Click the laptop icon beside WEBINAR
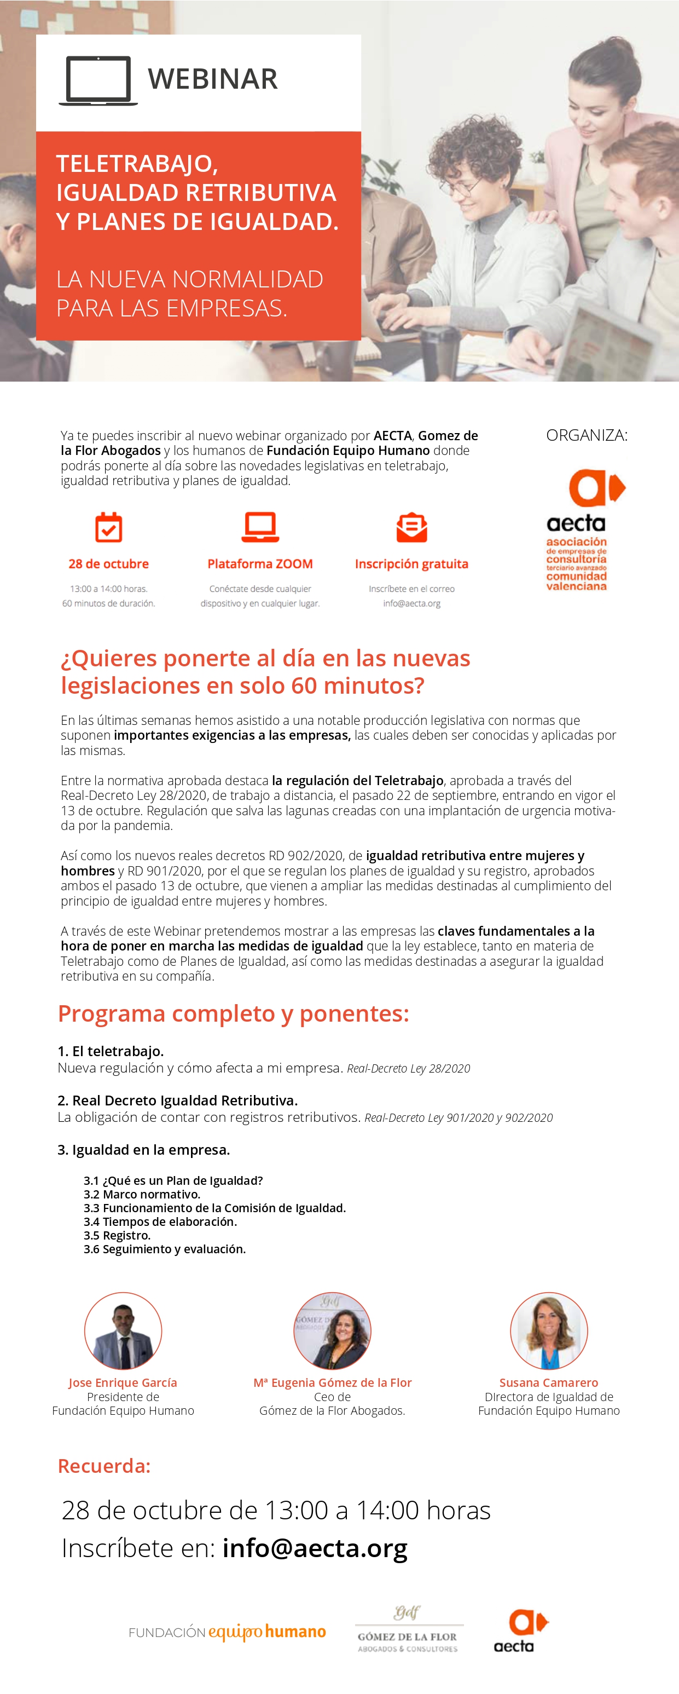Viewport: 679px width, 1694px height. [x=98, y=80]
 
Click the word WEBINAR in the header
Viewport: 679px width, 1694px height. [x=212, y=79]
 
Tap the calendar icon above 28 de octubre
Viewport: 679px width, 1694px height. [x=108, y=527]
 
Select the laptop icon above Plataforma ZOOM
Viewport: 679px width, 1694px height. [x=260, y=527]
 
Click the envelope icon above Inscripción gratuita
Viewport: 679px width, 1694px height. [x=411, y=527]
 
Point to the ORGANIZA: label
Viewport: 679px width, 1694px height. [x=587, y=435]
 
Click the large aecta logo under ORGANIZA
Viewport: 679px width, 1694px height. [x=585, y=529]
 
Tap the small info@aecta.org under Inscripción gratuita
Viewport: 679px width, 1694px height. [x=411, y=603]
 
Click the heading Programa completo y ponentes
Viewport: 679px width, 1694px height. [x=233, y=1013]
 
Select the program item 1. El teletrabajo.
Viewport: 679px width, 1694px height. [x=111, y=1051]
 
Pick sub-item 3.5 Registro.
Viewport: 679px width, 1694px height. [x=117, y=1235]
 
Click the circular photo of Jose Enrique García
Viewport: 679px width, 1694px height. [x=123, y=1330]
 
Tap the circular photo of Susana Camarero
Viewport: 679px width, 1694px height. [x=549, y=1330]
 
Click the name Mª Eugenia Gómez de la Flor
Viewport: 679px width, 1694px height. [x=333, y=1382]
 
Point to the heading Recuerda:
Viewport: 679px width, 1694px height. [x=105, y=1466]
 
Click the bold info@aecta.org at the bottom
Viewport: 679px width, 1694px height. [x=315, y=1548]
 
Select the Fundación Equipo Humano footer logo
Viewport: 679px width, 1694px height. [x=228, y=1632]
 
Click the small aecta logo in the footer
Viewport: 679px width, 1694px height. [x=520, y=1630]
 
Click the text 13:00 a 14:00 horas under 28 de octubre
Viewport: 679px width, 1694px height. [x=108, y=589]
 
